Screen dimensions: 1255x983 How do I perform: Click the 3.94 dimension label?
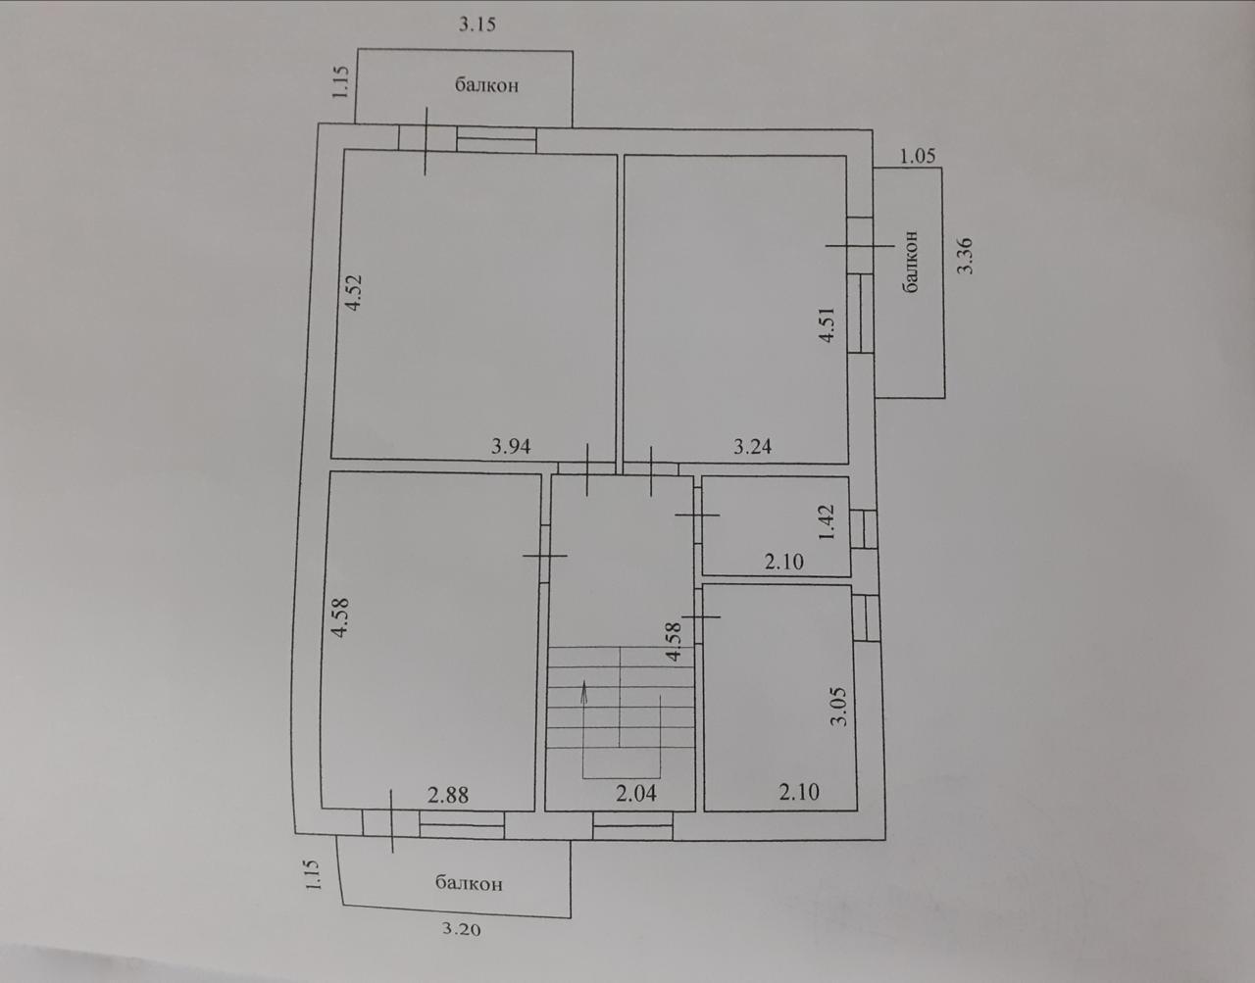[511, 446]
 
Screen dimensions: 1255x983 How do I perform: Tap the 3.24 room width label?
[753, 446]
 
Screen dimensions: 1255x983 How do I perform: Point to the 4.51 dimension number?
[828, 325]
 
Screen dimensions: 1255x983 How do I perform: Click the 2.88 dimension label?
[448, 796]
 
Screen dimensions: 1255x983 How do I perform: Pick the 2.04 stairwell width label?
[636, 794]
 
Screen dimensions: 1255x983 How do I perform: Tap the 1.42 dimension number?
[827, 521]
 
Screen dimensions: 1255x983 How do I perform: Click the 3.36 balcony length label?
[965, 256]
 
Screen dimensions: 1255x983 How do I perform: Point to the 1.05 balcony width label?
[918, 156]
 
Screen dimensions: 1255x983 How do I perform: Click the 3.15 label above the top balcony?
[477, 25]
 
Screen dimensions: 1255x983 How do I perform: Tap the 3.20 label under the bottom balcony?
[462, 930]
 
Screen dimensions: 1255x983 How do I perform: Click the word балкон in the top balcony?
[486, 85]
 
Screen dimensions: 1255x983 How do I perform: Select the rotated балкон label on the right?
[911, 262]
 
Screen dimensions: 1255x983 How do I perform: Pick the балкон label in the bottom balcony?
[469, 884]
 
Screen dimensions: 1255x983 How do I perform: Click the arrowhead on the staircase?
[584, 690]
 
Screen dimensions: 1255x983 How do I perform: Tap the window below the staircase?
[633, 825]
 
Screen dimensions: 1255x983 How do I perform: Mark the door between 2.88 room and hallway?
[544, 556]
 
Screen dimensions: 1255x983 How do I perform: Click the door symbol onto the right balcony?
[860, 246]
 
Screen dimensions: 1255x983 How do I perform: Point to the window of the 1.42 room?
[864, 528]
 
